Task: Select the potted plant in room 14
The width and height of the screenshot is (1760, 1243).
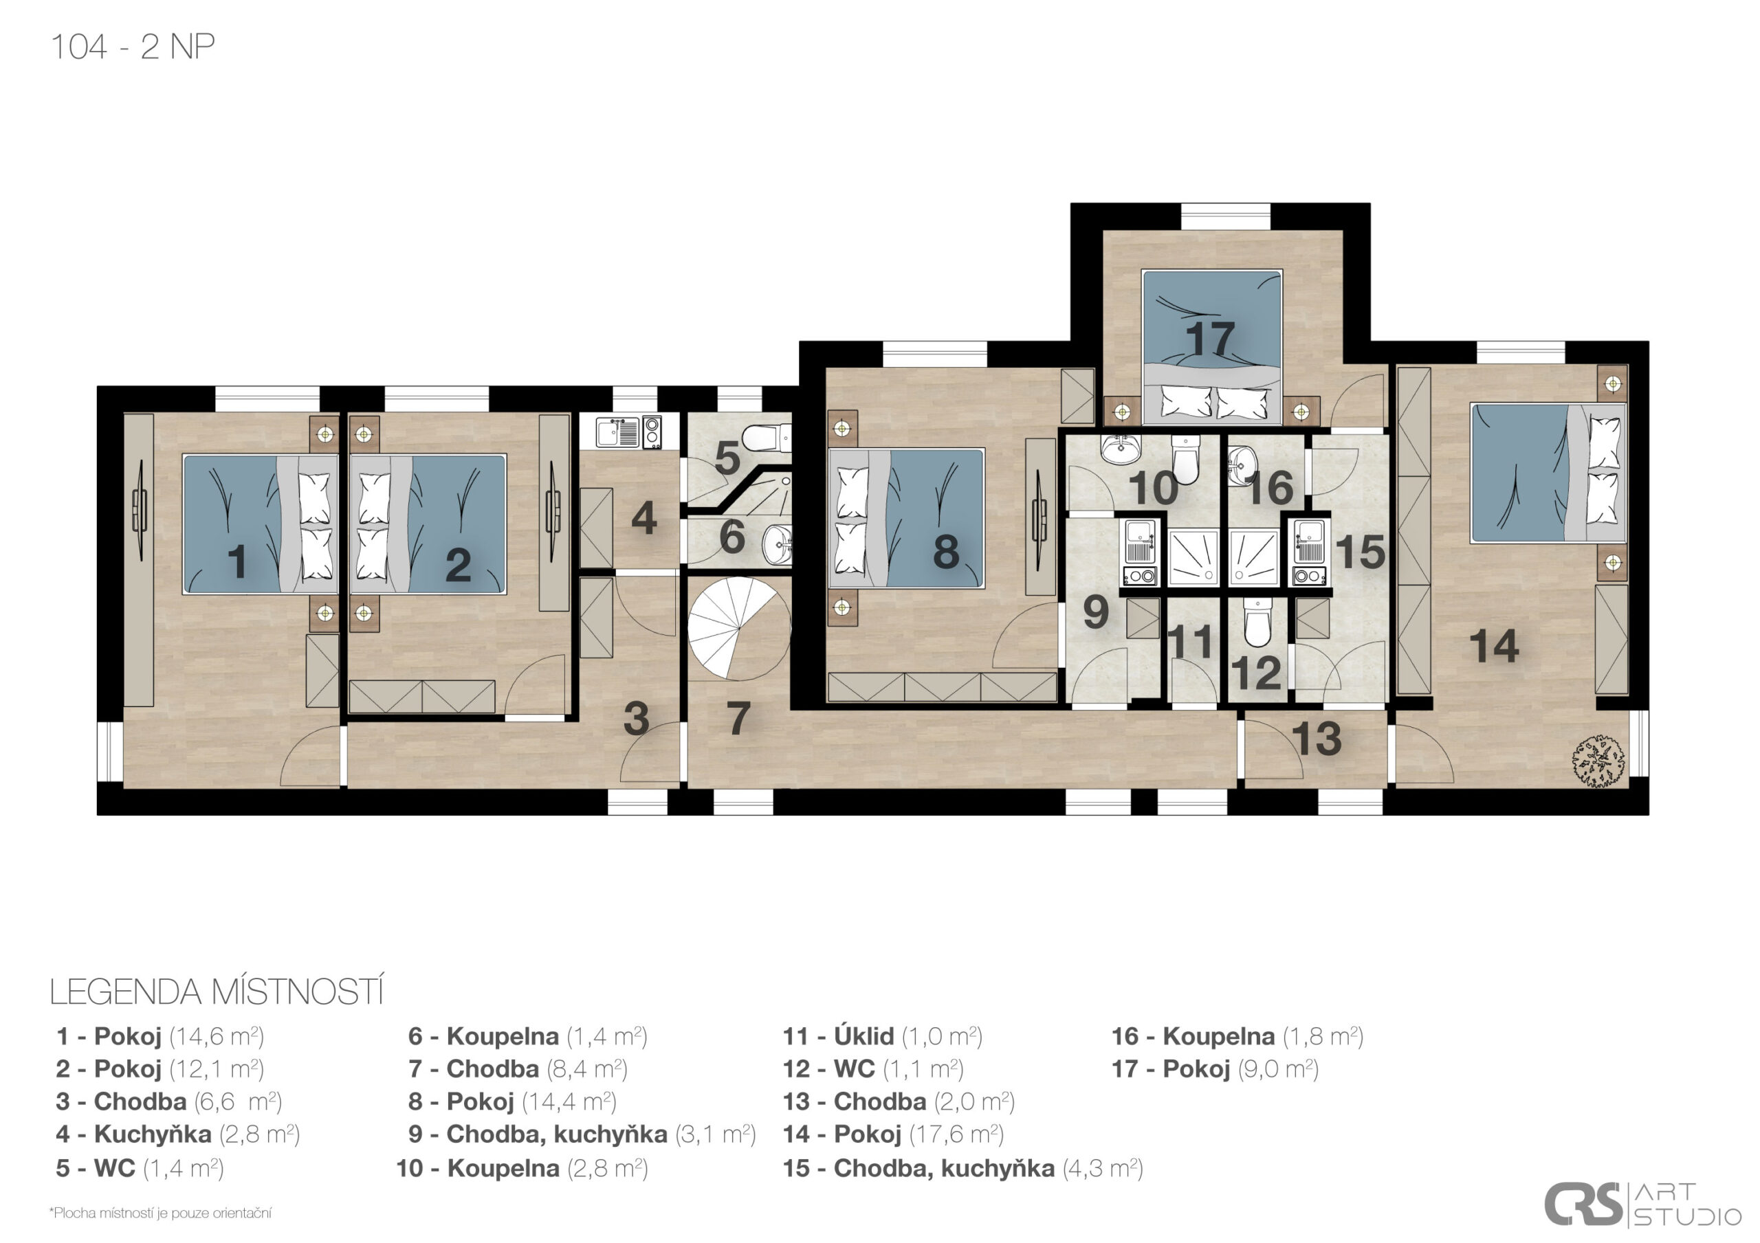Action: point(1599,761)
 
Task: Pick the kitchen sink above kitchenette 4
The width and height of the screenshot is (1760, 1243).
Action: point(619,432)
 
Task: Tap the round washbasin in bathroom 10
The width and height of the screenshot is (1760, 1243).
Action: point(1121,449)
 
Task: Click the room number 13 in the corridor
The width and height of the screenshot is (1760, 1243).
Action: point(1316,738)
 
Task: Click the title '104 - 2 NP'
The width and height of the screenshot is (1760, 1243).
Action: point(133,47)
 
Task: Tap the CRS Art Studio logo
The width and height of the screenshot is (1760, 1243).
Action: point(1642,1205)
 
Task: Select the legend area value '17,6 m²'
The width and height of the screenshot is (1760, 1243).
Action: point(956,1134)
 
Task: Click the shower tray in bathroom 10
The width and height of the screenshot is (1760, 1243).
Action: point(1192,555)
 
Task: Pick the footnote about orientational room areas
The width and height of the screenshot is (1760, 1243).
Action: point(160,1213)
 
